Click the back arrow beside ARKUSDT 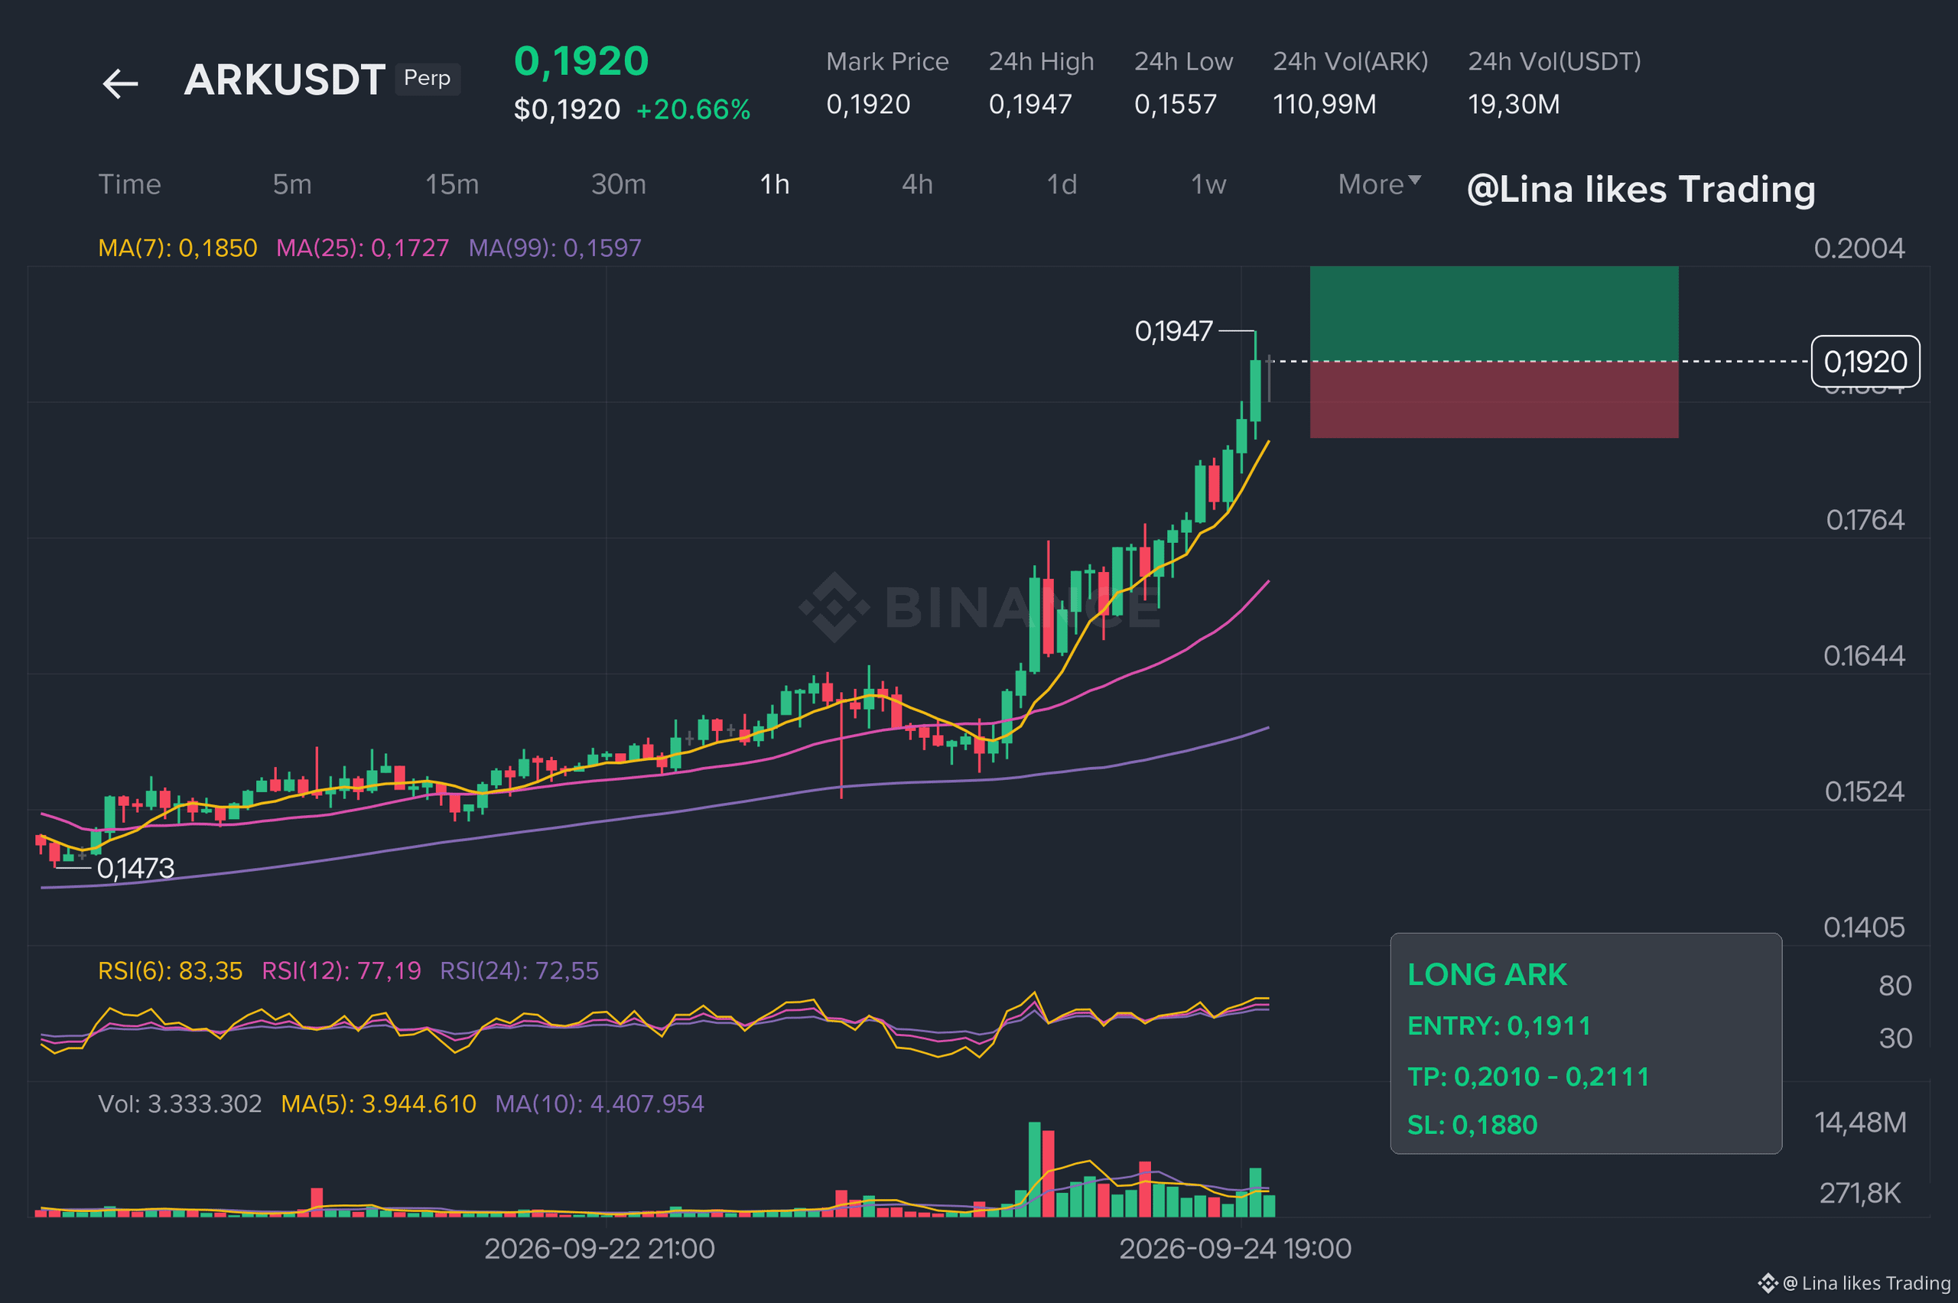click(121, 83)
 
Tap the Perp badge click(428, 78)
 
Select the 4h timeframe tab click(917, 184)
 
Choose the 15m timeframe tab click(452, 184)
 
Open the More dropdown click(1380, 184)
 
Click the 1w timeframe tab click(1208, 184)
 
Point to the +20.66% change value click(693, 109)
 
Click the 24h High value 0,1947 click(1030, 105)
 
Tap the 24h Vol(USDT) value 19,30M click(1514, 105)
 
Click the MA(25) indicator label click(363, 248)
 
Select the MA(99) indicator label click(555, 248)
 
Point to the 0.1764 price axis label click(1865, 520)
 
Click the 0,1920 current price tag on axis click(1865, 362)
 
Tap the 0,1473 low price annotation click(135, 869)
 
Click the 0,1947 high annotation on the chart click(1173, 332)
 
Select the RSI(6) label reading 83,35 click(171, 970)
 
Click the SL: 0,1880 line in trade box click(1472, 1125)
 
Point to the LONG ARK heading click(1487, 975)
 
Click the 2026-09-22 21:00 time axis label click(599, 1249)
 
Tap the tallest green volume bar click(1035, 1169)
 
